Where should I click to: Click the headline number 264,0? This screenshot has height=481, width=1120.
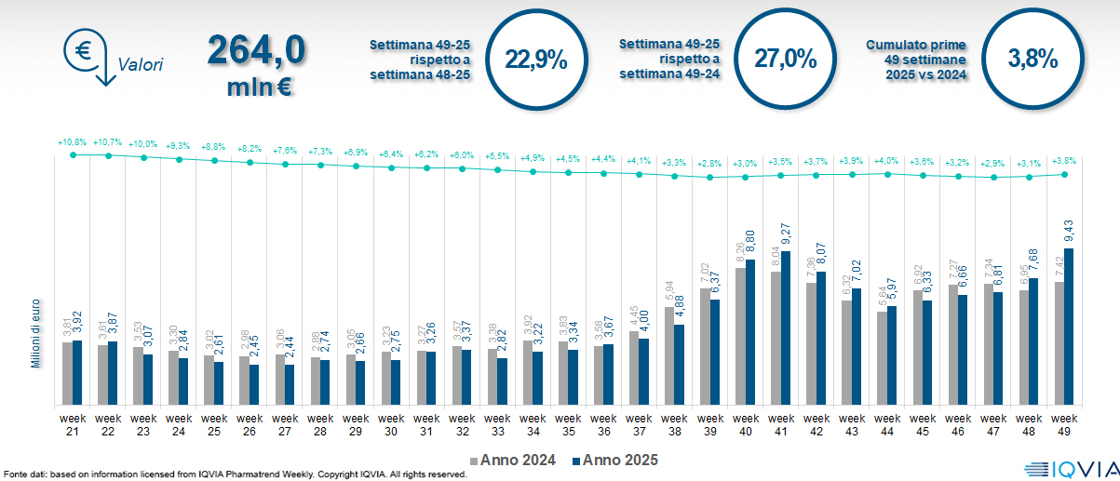[x=256, y=49]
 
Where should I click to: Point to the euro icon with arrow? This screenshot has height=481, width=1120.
[x=85, y=54]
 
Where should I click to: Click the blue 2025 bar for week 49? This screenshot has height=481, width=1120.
[x=1068, y=327]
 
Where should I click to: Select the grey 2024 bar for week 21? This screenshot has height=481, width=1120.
[x=67, y=373]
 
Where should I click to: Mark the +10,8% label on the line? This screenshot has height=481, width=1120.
[x=72, y=143]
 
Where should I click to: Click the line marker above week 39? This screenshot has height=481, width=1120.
[x=710, y=177]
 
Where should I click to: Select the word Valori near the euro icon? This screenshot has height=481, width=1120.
[x=141, y=65]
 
